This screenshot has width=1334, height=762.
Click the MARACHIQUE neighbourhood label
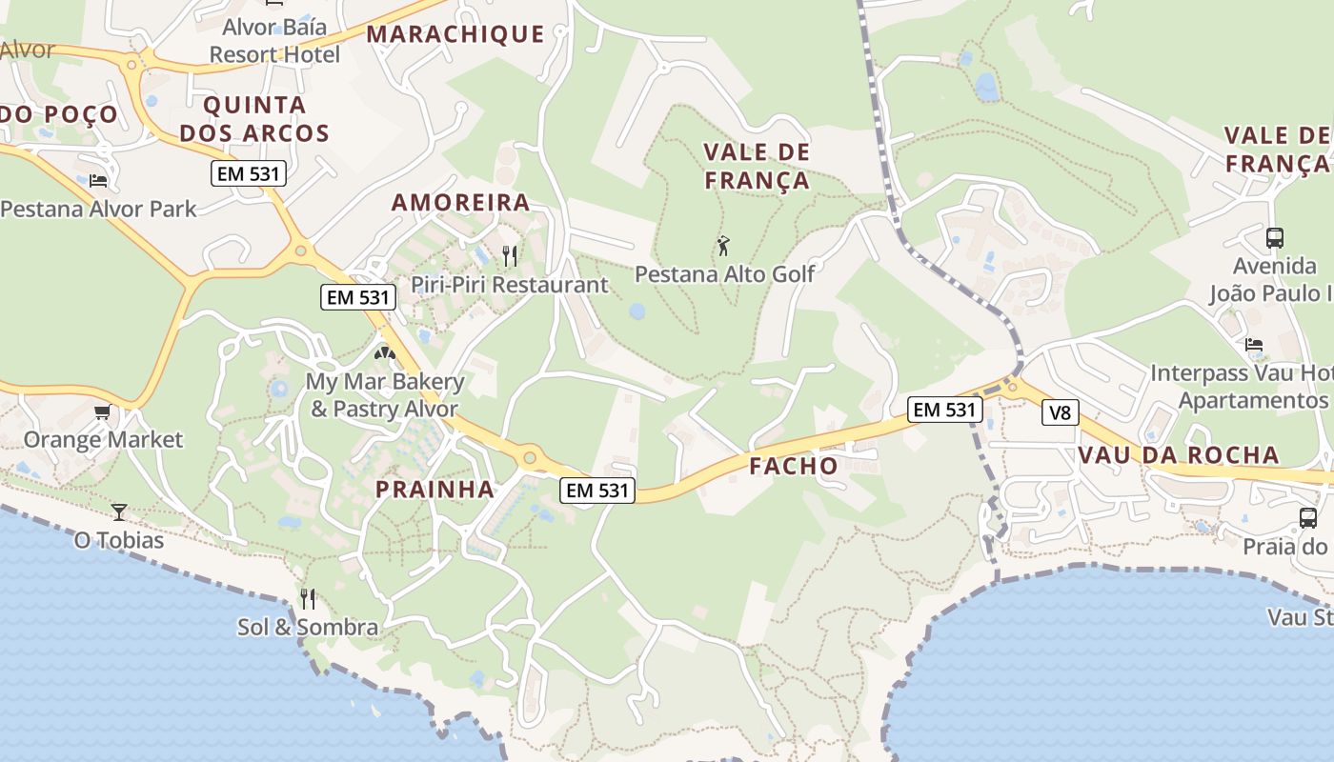(455, 34)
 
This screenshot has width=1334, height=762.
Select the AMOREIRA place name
(460, 202)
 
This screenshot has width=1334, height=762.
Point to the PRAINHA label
(435, 490)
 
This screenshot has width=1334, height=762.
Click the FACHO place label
(793, 466)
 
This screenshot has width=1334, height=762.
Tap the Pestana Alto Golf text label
(724, 274)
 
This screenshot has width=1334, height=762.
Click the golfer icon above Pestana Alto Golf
(723, 246)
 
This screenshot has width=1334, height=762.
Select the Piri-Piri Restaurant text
(509, 284)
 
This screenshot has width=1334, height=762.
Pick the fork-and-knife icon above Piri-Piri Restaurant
(510, 255)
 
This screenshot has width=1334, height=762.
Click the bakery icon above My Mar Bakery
(385, 354)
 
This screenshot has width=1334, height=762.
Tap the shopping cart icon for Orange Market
(102, 412)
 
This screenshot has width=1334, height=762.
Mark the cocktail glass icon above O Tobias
(118, 512)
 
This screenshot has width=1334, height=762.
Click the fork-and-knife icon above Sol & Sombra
(307, 598)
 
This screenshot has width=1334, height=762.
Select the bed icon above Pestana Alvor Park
(97, 180)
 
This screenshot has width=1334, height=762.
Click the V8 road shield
(1058, 412)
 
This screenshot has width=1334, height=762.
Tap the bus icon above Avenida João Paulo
(1274, 237)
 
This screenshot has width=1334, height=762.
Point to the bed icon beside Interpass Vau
(1254, 345)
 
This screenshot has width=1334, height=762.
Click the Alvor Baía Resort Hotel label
(274, 40)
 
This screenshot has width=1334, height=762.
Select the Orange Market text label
(103, 439)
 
